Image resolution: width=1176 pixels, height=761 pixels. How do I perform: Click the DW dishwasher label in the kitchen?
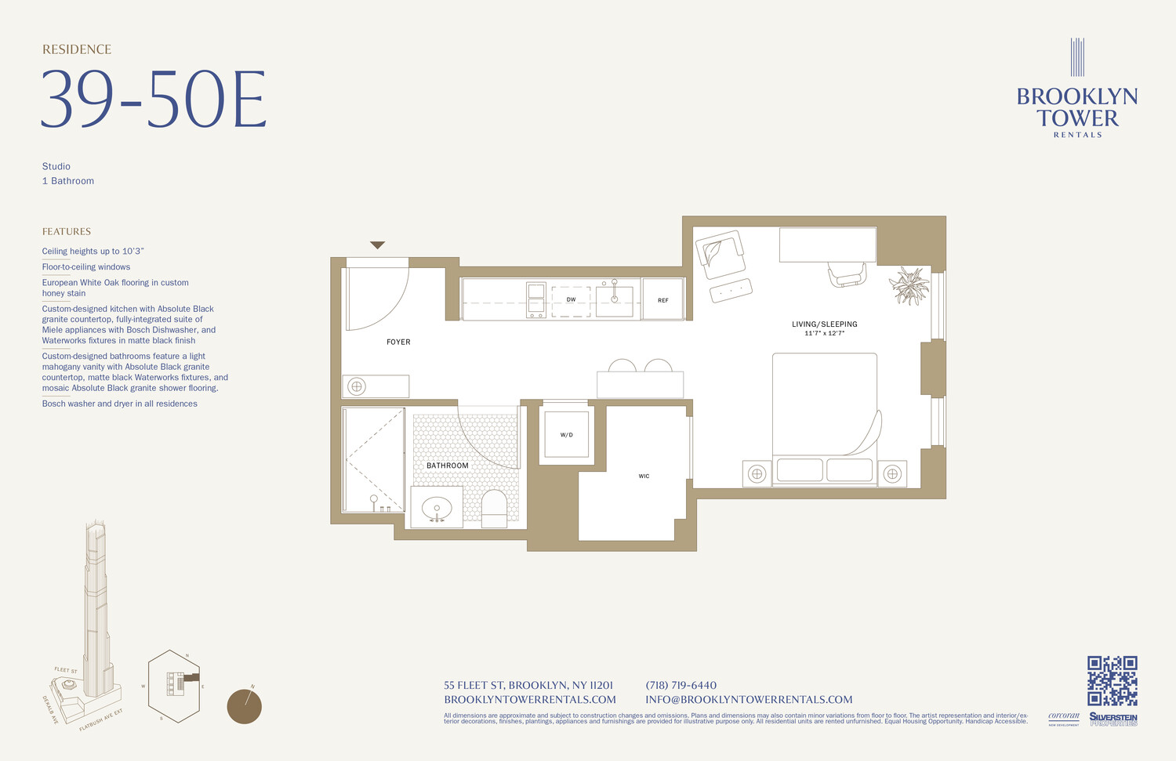(571, 299)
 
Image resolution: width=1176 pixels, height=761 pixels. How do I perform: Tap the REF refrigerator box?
(663, 299)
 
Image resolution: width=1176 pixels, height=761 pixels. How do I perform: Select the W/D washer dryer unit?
(566, 434)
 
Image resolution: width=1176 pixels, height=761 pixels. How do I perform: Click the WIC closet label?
(644, 476)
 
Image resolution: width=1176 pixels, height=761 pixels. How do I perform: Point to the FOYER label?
(398, 342)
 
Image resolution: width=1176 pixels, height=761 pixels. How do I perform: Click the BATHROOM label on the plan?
(448, 466)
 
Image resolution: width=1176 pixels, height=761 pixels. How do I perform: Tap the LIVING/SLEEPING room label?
(824, 324)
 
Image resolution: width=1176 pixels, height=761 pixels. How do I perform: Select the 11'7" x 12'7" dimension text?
(824, 334)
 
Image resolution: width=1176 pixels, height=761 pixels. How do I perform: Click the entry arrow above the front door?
(377, 245)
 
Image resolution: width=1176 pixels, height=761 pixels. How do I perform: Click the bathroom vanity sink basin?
(437, 509)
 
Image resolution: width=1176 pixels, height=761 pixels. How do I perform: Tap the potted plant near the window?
(909, 286)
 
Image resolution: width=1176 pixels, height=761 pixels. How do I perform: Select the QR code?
(1112, 680)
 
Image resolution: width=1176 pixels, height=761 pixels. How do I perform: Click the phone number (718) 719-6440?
(681, 685)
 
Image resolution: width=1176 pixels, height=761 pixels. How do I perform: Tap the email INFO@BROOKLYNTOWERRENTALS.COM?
(749, 700)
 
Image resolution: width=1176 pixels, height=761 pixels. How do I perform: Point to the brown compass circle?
(244, 707)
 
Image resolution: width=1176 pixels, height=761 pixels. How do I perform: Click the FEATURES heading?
(67, 231)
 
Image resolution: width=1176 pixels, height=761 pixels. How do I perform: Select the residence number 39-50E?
(154, 100)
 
